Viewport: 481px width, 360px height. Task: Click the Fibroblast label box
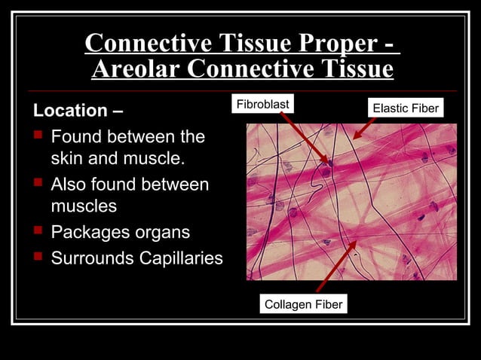click(x=263, y=103)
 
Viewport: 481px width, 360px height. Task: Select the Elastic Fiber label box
click(x=406, y=108)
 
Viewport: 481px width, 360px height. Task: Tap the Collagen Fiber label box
click(x=303, y=304)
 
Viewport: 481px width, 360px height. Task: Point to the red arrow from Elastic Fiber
click(x=364, y=127)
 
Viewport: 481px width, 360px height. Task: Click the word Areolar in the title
click(x=136, y=69)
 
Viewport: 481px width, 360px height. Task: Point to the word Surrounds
click(x=91, y=258)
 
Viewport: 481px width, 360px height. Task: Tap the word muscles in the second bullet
click(x=84, y=206)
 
